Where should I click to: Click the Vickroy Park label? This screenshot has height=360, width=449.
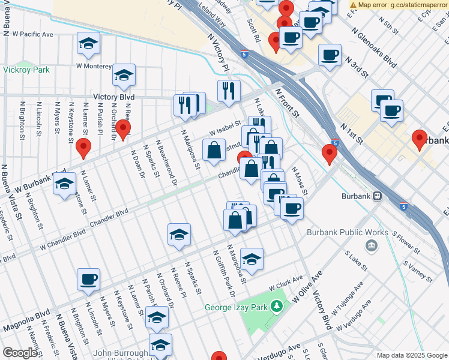pyautogui.click(x=26, y=70)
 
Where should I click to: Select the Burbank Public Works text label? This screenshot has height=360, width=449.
pyautogui.click(x=344, y=232)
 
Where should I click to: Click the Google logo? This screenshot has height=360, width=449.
pyautogui.click(x=20, y=353)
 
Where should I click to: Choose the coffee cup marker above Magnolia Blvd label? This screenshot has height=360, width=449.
pyautogui.click(x=88, y=279)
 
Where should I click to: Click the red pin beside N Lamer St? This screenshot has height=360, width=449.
pyautogui.click(x=83, y=147)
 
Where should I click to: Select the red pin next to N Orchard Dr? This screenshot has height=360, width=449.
pyautogui.click(x=122, y=128)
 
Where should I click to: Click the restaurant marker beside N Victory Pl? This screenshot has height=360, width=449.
pyautogui.click(x=229, y=91)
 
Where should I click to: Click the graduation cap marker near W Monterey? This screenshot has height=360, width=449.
pyautogui.click(x=124, y=75)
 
